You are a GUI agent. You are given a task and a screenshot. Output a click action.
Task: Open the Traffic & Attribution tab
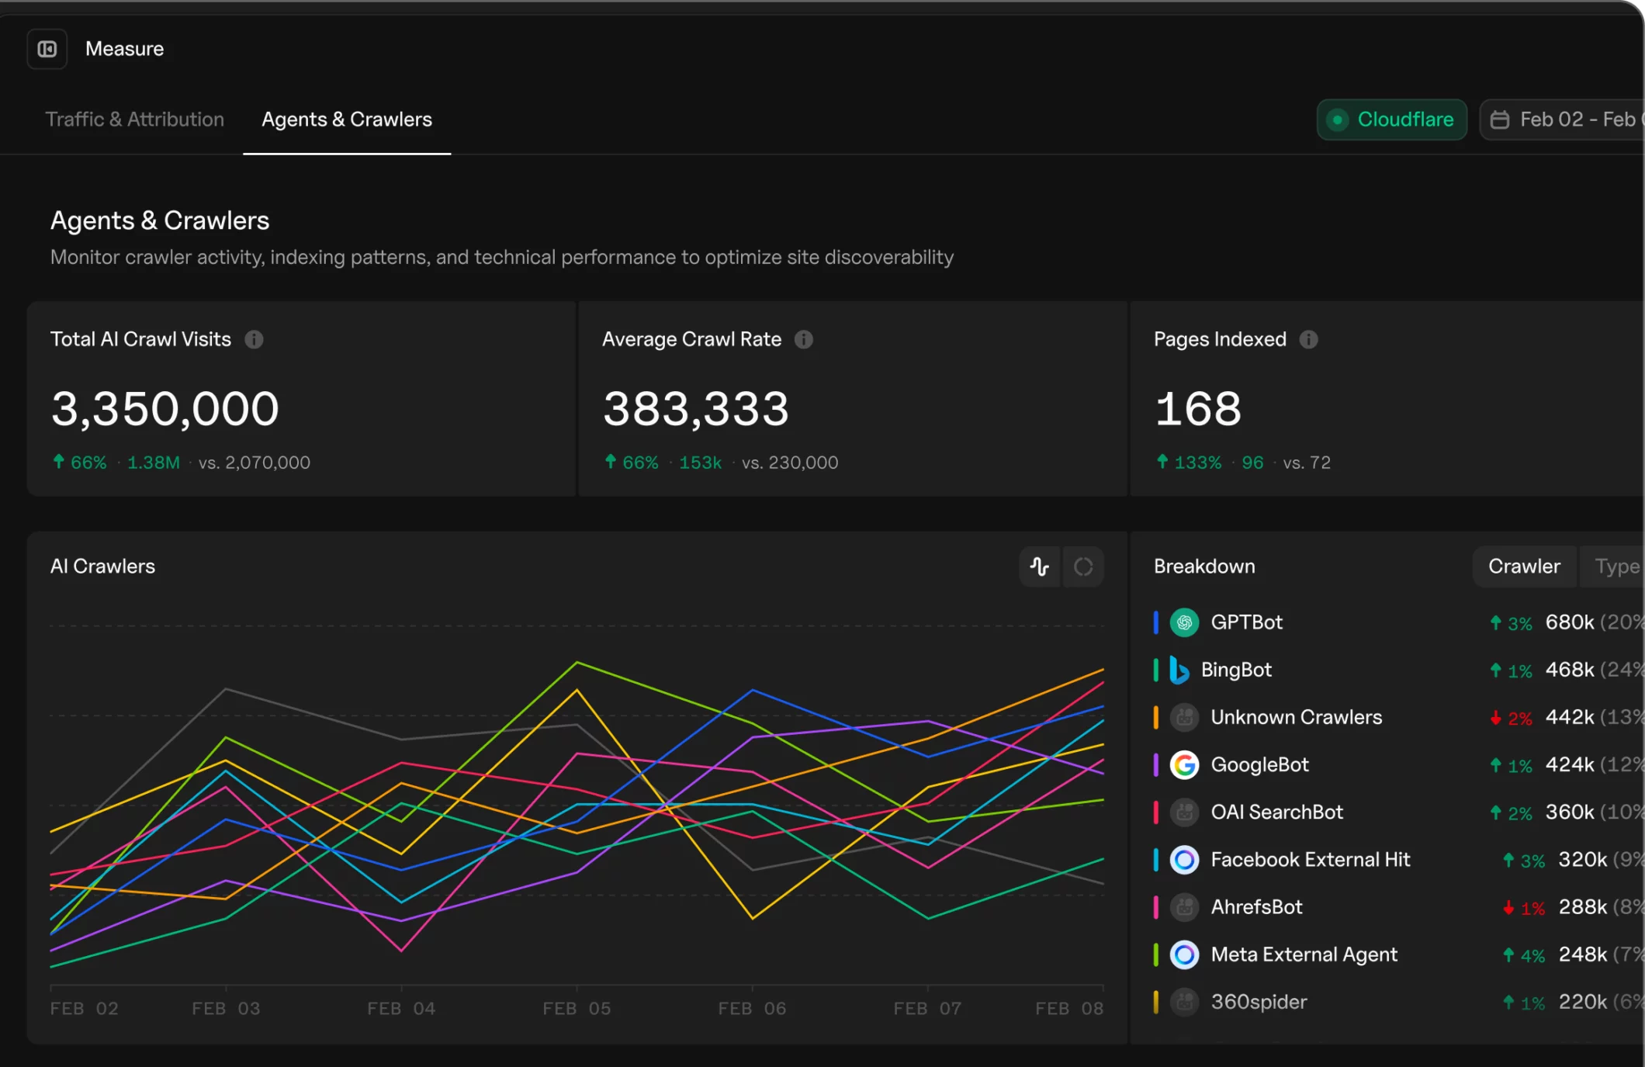click(x=134, y=120)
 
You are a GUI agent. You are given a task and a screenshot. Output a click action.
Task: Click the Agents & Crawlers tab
click(x=347, y=120)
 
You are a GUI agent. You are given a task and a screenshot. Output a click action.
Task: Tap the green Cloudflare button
click(x=1391, y=120)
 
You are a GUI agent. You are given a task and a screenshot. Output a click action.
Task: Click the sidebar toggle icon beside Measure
click(x=47, y=49)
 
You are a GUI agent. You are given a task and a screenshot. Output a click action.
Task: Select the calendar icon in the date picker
click(x=1500, y=120)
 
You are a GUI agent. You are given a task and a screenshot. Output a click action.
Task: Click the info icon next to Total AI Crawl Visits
click(x=254, y=339)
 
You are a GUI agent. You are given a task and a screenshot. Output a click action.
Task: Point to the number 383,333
click(x=695, y=409)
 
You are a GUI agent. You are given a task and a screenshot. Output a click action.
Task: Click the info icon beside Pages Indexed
click(x=1308, y=339)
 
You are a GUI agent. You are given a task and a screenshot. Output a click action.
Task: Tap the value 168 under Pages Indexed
click(x=1198, y=409)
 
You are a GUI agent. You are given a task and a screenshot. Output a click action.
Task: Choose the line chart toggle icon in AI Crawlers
click(x=1039, y=566)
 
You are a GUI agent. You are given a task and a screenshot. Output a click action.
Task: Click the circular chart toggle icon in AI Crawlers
click(x=1083, y=566)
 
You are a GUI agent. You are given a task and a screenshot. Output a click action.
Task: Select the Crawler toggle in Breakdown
click(x=1523, y=566)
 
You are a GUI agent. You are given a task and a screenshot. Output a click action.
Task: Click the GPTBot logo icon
click(x=1184, y=622)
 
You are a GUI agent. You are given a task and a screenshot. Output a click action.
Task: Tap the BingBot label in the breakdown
click(x=1236, y=670)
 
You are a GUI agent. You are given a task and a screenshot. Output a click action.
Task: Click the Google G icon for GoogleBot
click(x=1184, y=765)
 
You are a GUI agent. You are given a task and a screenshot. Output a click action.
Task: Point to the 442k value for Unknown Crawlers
click(x=1569, y=717)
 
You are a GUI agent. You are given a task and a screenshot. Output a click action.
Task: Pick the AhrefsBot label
click(x=1256, y=907)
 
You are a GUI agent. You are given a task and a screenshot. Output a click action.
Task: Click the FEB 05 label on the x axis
click(x=577, y=1008)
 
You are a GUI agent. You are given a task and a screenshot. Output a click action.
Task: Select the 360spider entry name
click(x=1259, y=1002)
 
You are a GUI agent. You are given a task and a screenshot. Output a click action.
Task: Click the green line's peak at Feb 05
click(x=577, y=662)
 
